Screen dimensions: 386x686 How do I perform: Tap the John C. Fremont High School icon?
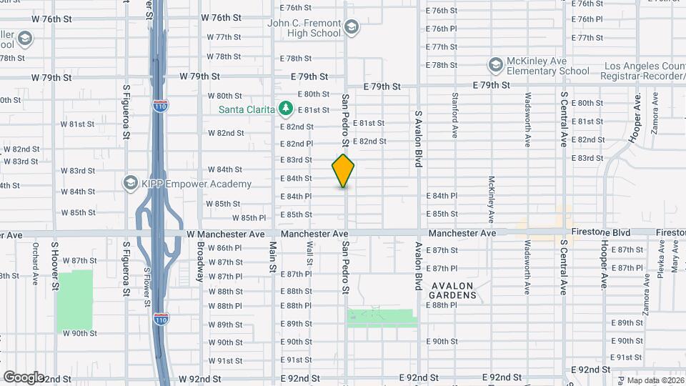pos(351,28)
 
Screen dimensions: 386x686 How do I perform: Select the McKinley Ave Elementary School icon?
pos(495,66)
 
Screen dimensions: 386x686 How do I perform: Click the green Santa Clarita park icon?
pos(286,109)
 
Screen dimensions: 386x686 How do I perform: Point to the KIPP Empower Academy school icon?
pos(130,184)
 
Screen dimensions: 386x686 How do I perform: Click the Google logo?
pos(24,377)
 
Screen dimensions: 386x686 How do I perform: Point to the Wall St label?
pos(309,252)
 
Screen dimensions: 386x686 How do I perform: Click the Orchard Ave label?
pos(35,263)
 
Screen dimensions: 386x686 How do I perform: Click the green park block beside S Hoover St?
pos(75,300)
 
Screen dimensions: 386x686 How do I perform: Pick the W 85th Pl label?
pos(249,218)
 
